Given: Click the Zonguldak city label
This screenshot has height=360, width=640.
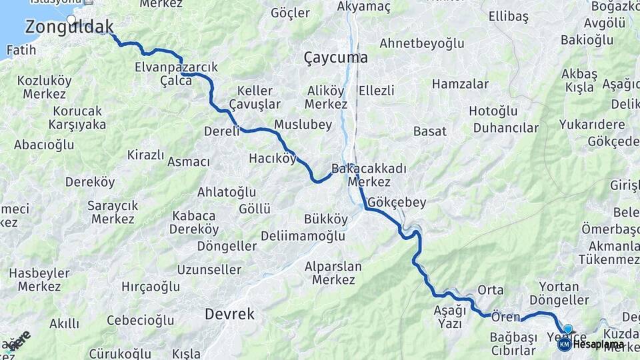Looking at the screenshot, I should [69, 27].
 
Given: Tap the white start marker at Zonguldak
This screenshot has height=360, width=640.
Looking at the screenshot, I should [71, 19].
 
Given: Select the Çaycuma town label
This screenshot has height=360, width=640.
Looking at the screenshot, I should [335, 57].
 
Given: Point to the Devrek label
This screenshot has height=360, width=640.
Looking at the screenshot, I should [229, 313].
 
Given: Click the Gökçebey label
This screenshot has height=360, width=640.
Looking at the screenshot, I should [397, 201].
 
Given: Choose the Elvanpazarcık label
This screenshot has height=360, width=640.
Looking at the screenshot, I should [176, 67].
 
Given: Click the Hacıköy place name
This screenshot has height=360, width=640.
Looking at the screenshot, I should [272, 158].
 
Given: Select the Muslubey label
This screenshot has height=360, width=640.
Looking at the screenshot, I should [303, 124].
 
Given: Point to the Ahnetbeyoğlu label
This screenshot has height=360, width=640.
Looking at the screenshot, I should [421, 43].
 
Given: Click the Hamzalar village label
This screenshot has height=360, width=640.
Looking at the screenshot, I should [460, 84].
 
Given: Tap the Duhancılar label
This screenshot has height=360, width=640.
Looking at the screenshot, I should [506, 127].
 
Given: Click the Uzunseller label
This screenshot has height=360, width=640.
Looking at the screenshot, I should [209, 269].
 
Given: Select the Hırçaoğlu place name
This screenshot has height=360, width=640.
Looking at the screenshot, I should [151, 287].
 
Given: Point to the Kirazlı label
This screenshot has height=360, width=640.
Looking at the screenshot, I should [145, 155].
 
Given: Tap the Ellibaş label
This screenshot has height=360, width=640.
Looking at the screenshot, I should [508, 15].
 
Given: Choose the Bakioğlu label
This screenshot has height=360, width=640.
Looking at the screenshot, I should [587, 39].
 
